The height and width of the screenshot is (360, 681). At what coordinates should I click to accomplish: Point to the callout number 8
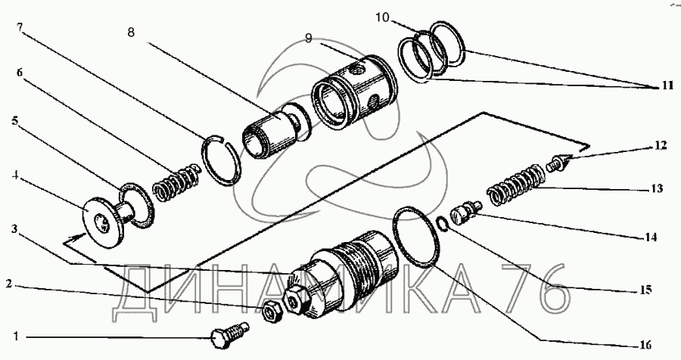(132, 33)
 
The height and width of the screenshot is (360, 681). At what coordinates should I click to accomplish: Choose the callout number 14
(650, 237)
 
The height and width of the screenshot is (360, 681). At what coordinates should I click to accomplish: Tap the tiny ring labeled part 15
(445, 222)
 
